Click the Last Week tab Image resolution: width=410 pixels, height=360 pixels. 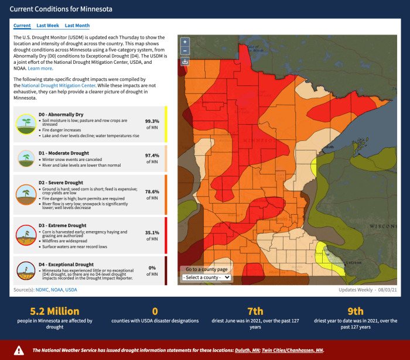(x=47, y=26)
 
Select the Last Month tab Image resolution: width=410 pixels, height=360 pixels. (x=77, y=26)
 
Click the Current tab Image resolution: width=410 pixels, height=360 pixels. (x=22, y=26)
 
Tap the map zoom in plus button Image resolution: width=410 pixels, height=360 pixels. (x=185, y=42)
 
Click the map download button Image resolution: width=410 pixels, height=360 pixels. (x=185, y=61)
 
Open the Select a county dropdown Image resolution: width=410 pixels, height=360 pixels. (x=206, y=277)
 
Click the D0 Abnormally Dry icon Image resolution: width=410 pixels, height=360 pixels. (x=25, y=124)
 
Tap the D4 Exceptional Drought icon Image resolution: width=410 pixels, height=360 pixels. (x=25, y=271)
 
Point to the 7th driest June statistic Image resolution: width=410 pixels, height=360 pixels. (x=255, y=311)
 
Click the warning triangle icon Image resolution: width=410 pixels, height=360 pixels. (x=19, y=351)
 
